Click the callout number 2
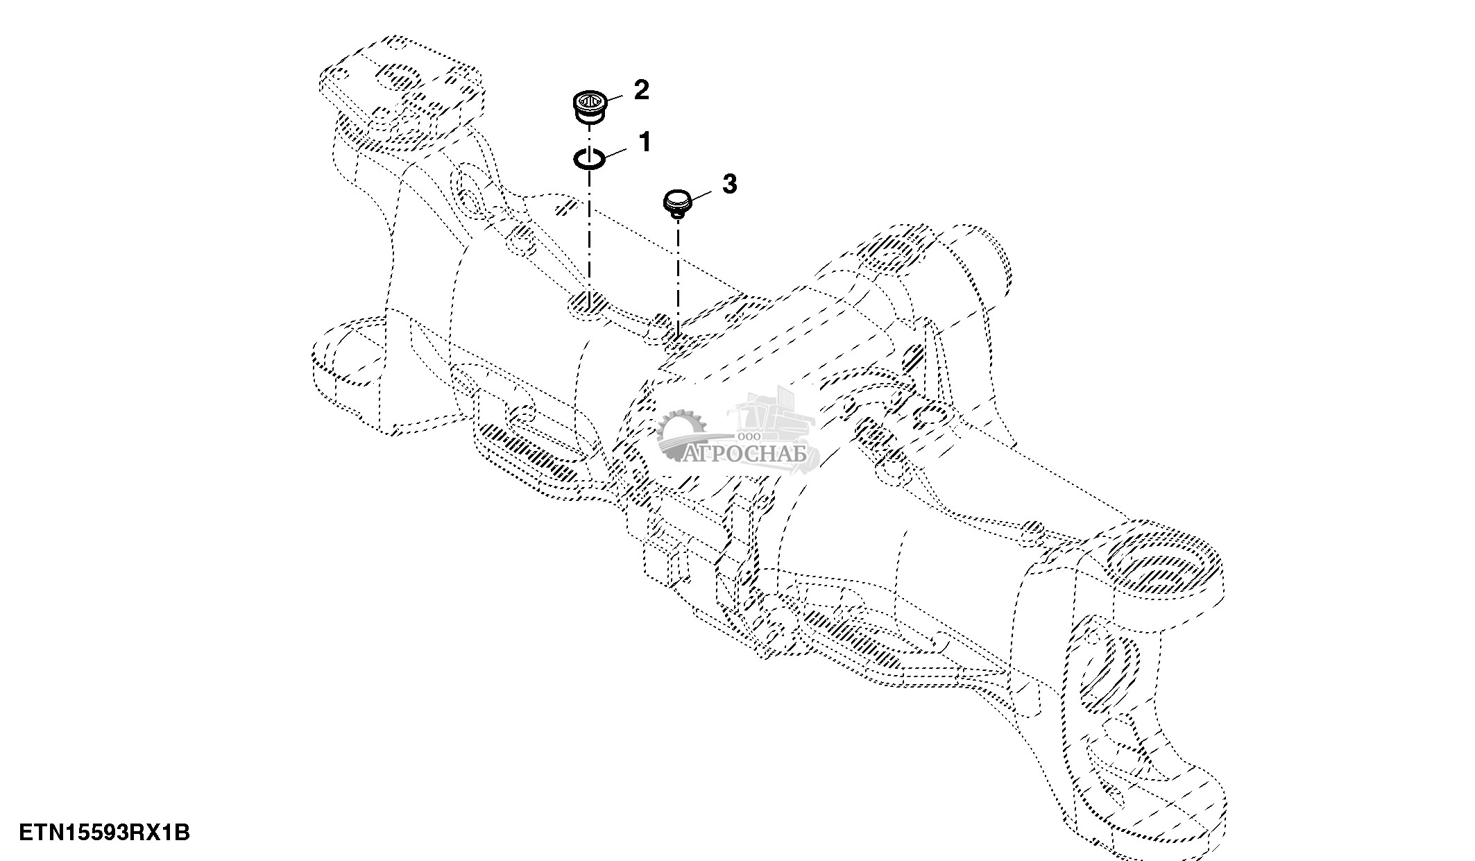click(x=641, y=89)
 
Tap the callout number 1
click(x=645, y=142)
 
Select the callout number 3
click(x=729, y=184)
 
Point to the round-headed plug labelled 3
click(x=678, y=205)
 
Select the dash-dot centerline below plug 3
click(x=678, y=278)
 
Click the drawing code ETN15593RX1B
click(x=104, y=832)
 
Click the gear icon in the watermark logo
click(x=682, y=435)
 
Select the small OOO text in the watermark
click(x=751, y=436)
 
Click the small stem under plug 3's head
click(x=678, y=214)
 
